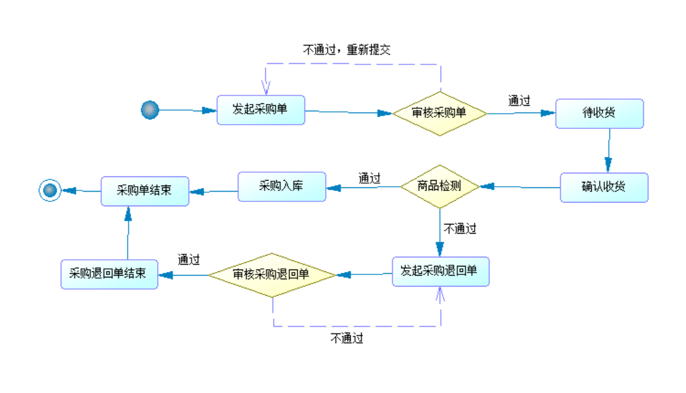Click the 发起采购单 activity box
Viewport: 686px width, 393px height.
coord(261,110)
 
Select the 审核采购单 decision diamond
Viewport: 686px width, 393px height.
coord(439,113)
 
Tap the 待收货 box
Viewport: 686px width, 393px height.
coord(600,113)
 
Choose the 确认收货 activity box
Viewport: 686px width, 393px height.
coord(604,187)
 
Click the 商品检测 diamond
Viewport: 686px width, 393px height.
coord(440,187)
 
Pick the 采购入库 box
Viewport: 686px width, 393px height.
coord(282,187)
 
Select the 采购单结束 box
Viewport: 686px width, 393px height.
coord(145,191)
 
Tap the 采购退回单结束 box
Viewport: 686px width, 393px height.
coord(110,274)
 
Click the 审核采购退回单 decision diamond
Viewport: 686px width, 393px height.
coord(272,275)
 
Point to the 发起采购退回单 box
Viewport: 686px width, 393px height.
coord(441,271)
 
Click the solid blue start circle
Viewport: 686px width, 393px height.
coord(150,110)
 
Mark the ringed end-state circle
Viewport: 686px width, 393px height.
coord(50,190)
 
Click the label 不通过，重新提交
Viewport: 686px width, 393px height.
coord(346,50)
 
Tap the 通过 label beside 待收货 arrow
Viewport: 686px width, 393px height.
coord(519,101)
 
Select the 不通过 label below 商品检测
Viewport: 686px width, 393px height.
coord(460,229)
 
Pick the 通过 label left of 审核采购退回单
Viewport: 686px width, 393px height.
coord(189,260)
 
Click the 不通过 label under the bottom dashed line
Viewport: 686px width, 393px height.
coord(346,338)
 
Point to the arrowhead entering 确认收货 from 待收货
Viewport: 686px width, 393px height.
coord(608,165)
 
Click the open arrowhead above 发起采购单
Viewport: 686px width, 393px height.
coord(265,88)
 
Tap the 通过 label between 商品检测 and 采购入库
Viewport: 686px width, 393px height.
coord(369,178)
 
